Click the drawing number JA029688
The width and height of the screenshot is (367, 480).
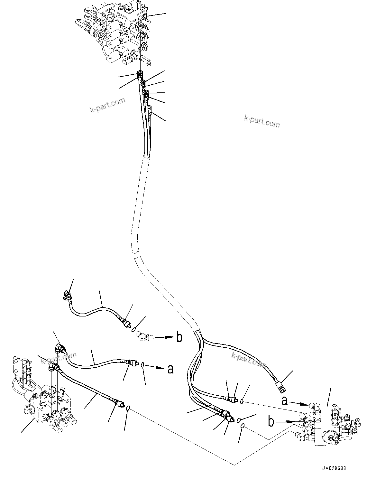(333, 469)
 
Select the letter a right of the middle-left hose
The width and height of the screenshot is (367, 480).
(170, 369)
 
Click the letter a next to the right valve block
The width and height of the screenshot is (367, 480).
(284, 401)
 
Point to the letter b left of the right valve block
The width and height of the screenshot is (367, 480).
(271, 421)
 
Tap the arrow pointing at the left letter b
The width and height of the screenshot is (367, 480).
(165, 337)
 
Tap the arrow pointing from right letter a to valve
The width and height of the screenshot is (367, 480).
(300, 403)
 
